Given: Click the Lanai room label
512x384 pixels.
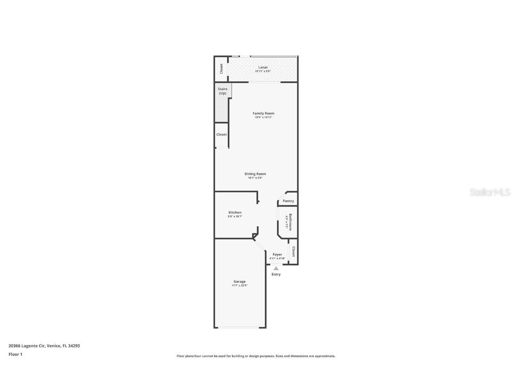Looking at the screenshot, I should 263,67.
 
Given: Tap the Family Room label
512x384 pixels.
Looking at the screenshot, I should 264,113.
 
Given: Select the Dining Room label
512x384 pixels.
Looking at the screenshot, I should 255,174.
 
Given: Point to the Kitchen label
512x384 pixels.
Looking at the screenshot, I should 235,212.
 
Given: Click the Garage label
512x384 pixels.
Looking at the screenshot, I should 240,281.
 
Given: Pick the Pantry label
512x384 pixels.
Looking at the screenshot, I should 288,201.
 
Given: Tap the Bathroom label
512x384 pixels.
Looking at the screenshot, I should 291,222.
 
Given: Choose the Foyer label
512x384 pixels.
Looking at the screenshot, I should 277,255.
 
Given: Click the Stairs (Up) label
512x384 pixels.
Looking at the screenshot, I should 222,91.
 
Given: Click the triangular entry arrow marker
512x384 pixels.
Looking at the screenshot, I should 276,268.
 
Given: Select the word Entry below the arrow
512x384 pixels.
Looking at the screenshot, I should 276,274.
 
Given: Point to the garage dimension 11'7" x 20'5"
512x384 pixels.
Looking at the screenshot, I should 240,285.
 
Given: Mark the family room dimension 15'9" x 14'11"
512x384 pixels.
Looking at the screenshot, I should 264,117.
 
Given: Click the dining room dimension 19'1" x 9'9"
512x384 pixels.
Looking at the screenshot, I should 255,178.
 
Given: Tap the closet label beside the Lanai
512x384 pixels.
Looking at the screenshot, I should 221,68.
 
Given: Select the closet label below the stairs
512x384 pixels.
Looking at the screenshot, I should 221,134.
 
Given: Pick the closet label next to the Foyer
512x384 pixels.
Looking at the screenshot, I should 293,252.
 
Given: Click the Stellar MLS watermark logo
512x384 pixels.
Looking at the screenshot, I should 490,192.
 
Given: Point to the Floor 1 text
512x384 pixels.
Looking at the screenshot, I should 15,354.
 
